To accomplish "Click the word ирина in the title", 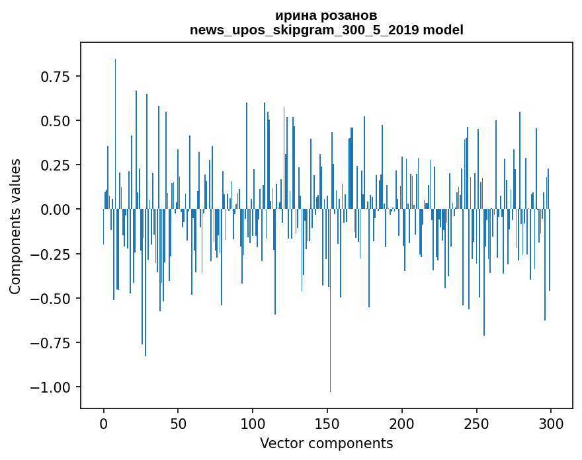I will click(x=293, y=16).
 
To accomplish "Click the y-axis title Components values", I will click(x=15, y=226).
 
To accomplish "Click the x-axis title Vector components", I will click(x=326, y=443).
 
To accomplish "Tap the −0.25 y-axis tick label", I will click(x=52, y=254).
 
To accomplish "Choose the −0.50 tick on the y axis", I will click(x=52, y=298).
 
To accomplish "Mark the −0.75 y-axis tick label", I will click(x=52, y=342).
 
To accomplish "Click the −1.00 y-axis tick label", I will click(x=52, y=387).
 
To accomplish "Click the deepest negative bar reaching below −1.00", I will click(x=330, y=330).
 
